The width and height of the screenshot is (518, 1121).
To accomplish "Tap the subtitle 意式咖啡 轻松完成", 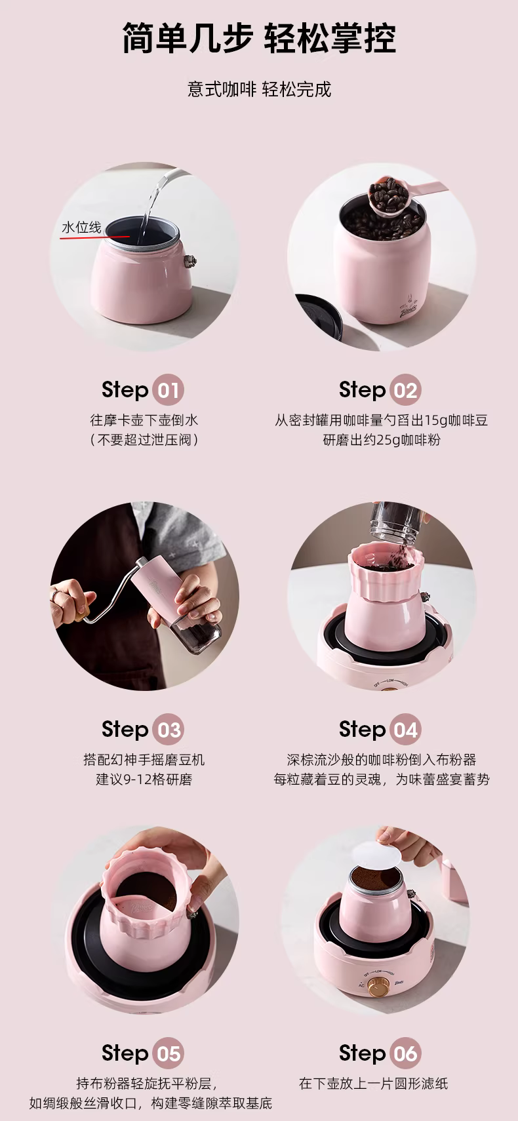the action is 259,90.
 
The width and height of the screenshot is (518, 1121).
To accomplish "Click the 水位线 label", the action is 81,227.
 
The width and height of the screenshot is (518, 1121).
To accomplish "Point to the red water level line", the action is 95,237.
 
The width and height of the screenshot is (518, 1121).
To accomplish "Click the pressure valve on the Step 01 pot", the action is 190,260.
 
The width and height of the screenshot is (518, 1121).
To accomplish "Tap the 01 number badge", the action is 168,390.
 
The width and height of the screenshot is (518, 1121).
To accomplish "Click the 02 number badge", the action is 405,390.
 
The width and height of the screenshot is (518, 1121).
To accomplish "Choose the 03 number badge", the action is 168,729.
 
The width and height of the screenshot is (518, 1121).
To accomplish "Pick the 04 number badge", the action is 405,729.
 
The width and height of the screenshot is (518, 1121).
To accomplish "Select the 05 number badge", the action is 168,1053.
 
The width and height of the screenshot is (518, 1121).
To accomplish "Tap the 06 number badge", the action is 405,1053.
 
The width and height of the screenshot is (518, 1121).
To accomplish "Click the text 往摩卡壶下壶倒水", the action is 144,420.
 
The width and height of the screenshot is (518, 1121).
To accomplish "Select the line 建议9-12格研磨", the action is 144,779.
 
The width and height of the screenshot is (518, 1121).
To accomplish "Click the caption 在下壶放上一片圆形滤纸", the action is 373,1084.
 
